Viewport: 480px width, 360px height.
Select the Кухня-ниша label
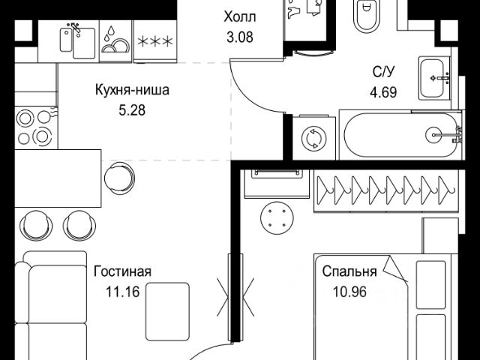(132, 91)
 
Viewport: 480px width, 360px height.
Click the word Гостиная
(122, 271)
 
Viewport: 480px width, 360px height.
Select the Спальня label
(350, 271)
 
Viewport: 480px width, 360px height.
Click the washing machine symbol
(310, 139)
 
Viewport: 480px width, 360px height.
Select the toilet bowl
(367, 17)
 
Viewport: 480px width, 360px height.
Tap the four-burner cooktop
(30, 128)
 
